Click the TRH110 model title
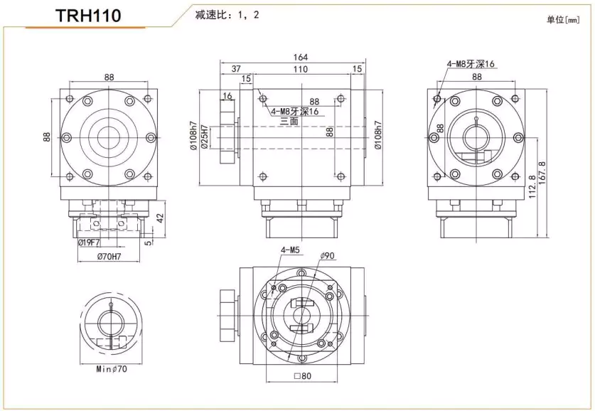88,16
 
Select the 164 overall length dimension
301,58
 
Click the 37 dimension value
236,69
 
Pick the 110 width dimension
301,69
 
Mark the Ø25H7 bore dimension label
205,138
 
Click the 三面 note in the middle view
289,122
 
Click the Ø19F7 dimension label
88,242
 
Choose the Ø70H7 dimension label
109,257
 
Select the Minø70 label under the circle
111,369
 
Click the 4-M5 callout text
290,250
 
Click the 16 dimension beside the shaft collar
228,95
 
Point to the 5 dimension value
147,242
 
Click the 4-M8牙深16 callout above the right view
471,63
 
